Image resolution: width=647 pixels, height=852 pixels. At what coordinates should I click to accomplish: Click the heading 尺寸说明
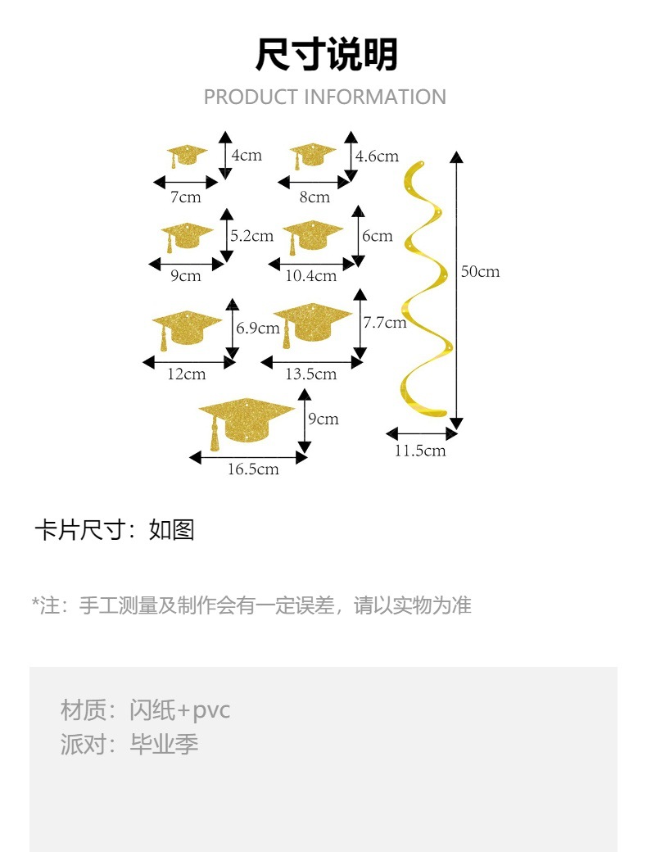click(x=326, y=55)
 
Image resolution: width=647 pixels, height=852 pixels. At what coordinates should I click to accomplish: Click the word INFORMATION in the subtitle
click(x=375, y=97)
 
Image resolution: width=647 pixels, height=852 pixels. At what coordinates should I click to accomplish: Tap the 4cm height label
click(x=247, y=155)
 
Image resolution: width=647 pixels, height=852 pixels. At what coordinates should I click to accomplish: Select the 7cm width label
click(x=185, y=197)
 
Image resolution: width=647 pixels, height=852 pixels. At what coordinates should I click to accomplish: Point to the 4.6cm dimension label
click(x=377, y=156)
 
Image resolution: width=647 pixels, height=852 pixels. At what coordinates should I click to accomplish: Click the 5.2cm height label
click(x=251, y=236)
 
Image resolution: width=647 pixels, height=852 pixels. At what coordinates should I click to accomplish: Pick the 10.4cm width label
click(x=310, y=276)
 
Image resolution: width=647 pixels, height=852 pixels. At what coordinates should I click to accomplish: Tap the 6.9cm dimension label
click(x=258, y=328)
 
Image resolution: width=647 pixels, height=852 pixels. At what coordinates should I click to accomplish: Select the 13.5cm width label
click(x=310, y=374)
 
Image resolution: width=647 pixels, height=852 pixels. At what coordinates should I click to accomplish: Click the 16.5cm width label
click(x=253, y=469)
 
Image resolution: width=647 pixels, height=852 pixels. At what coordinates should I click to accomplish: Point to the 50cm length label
click(x=480, y=271)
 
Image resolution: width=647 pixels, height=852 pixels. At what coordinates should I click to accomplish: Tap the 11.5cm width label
click(x=420, y=451)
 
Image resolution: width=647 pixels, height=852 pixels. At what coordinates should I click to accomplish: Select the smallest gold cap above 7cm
click(x=188, y=155)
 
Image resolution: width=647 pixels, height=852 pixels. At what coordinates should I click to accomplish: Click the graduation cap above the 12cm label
click(x=187, y=328)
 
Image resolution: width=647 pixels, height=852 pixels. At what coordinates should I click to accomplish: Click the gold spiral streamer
click(x=425, y=287)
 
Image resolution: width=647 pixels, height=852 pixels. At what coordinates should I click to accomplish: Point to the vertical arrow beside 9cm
click(x=304, y=422)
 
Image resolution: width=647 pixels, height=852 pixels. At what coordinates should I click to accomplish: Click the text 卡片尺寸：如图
click(x=114, y=530)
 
